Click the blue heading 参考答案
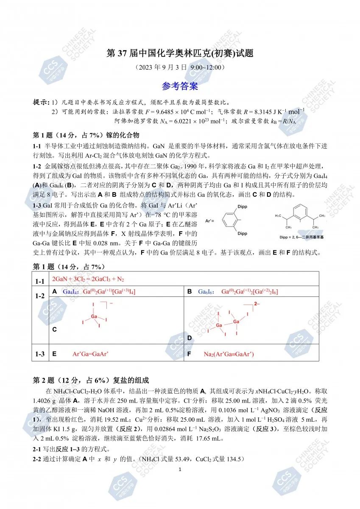(180, 87)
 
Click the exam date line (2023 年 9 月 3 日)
(180, 67)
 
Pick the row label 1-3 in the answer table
(40, 353)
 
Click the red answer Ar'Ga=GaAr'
(91, 354)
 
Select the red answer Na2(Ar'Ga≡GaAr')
(229, 354)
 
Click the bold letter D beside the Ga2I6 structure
(190, 338)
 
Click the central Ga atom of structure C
(94, 317)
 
